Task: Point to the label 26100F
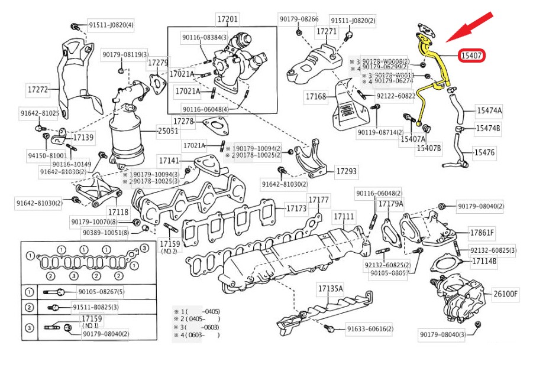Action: point(506,294)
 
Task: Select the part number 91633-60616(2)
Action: point(370,329)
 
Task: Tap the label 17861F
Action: point(482,232)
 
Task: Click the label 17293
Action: point(347,171)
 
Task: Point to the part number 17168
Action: point(316,96)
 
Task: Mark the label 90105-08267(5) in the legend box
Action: point(101,292)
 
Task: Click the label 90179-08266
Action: point(299,19)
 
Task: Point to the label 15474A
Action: point(490,110)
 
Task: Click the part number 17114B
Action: point(484,260)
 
